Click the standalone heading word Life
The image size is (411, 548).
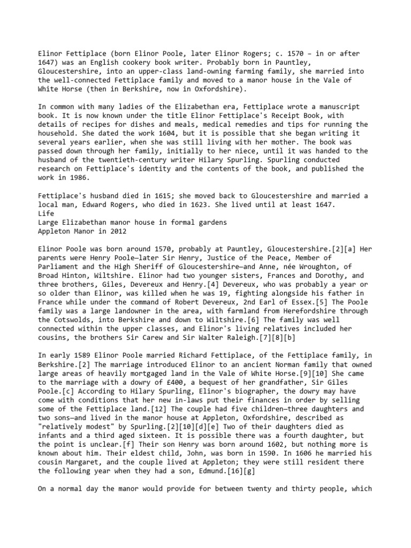coord(47,213)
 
